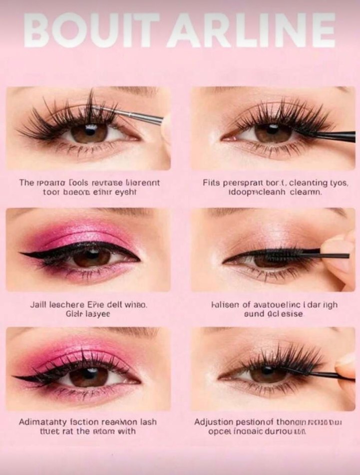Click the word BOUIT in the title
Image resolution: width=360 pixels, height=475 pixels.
click(90, 31)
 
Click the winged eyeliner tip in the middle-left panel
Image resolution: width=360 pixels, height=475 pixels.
click(25, 255)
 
